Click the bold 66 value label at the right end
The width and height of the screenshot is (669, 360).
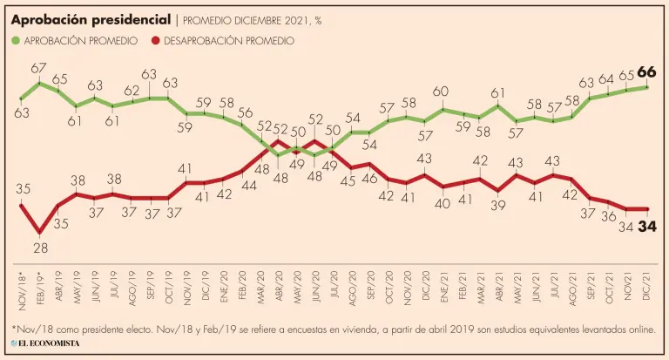(x=647, y=71)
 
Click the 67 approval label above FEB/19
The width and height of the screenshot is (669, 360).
(x=38, y=68)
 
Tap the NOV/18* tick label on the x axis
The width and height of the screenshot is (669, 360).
(x=21, y=295)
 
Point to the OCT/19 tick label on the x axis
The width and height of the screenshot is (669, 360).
(x=169, y=297)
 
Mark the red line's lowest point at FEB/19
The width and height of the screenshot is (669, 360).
(x=39, y=233)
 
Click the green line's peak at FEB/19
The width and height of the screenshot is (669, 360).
(x=39, y=83)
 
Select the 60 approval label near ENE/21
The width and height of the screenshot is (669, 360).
(x=442, y=92)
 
